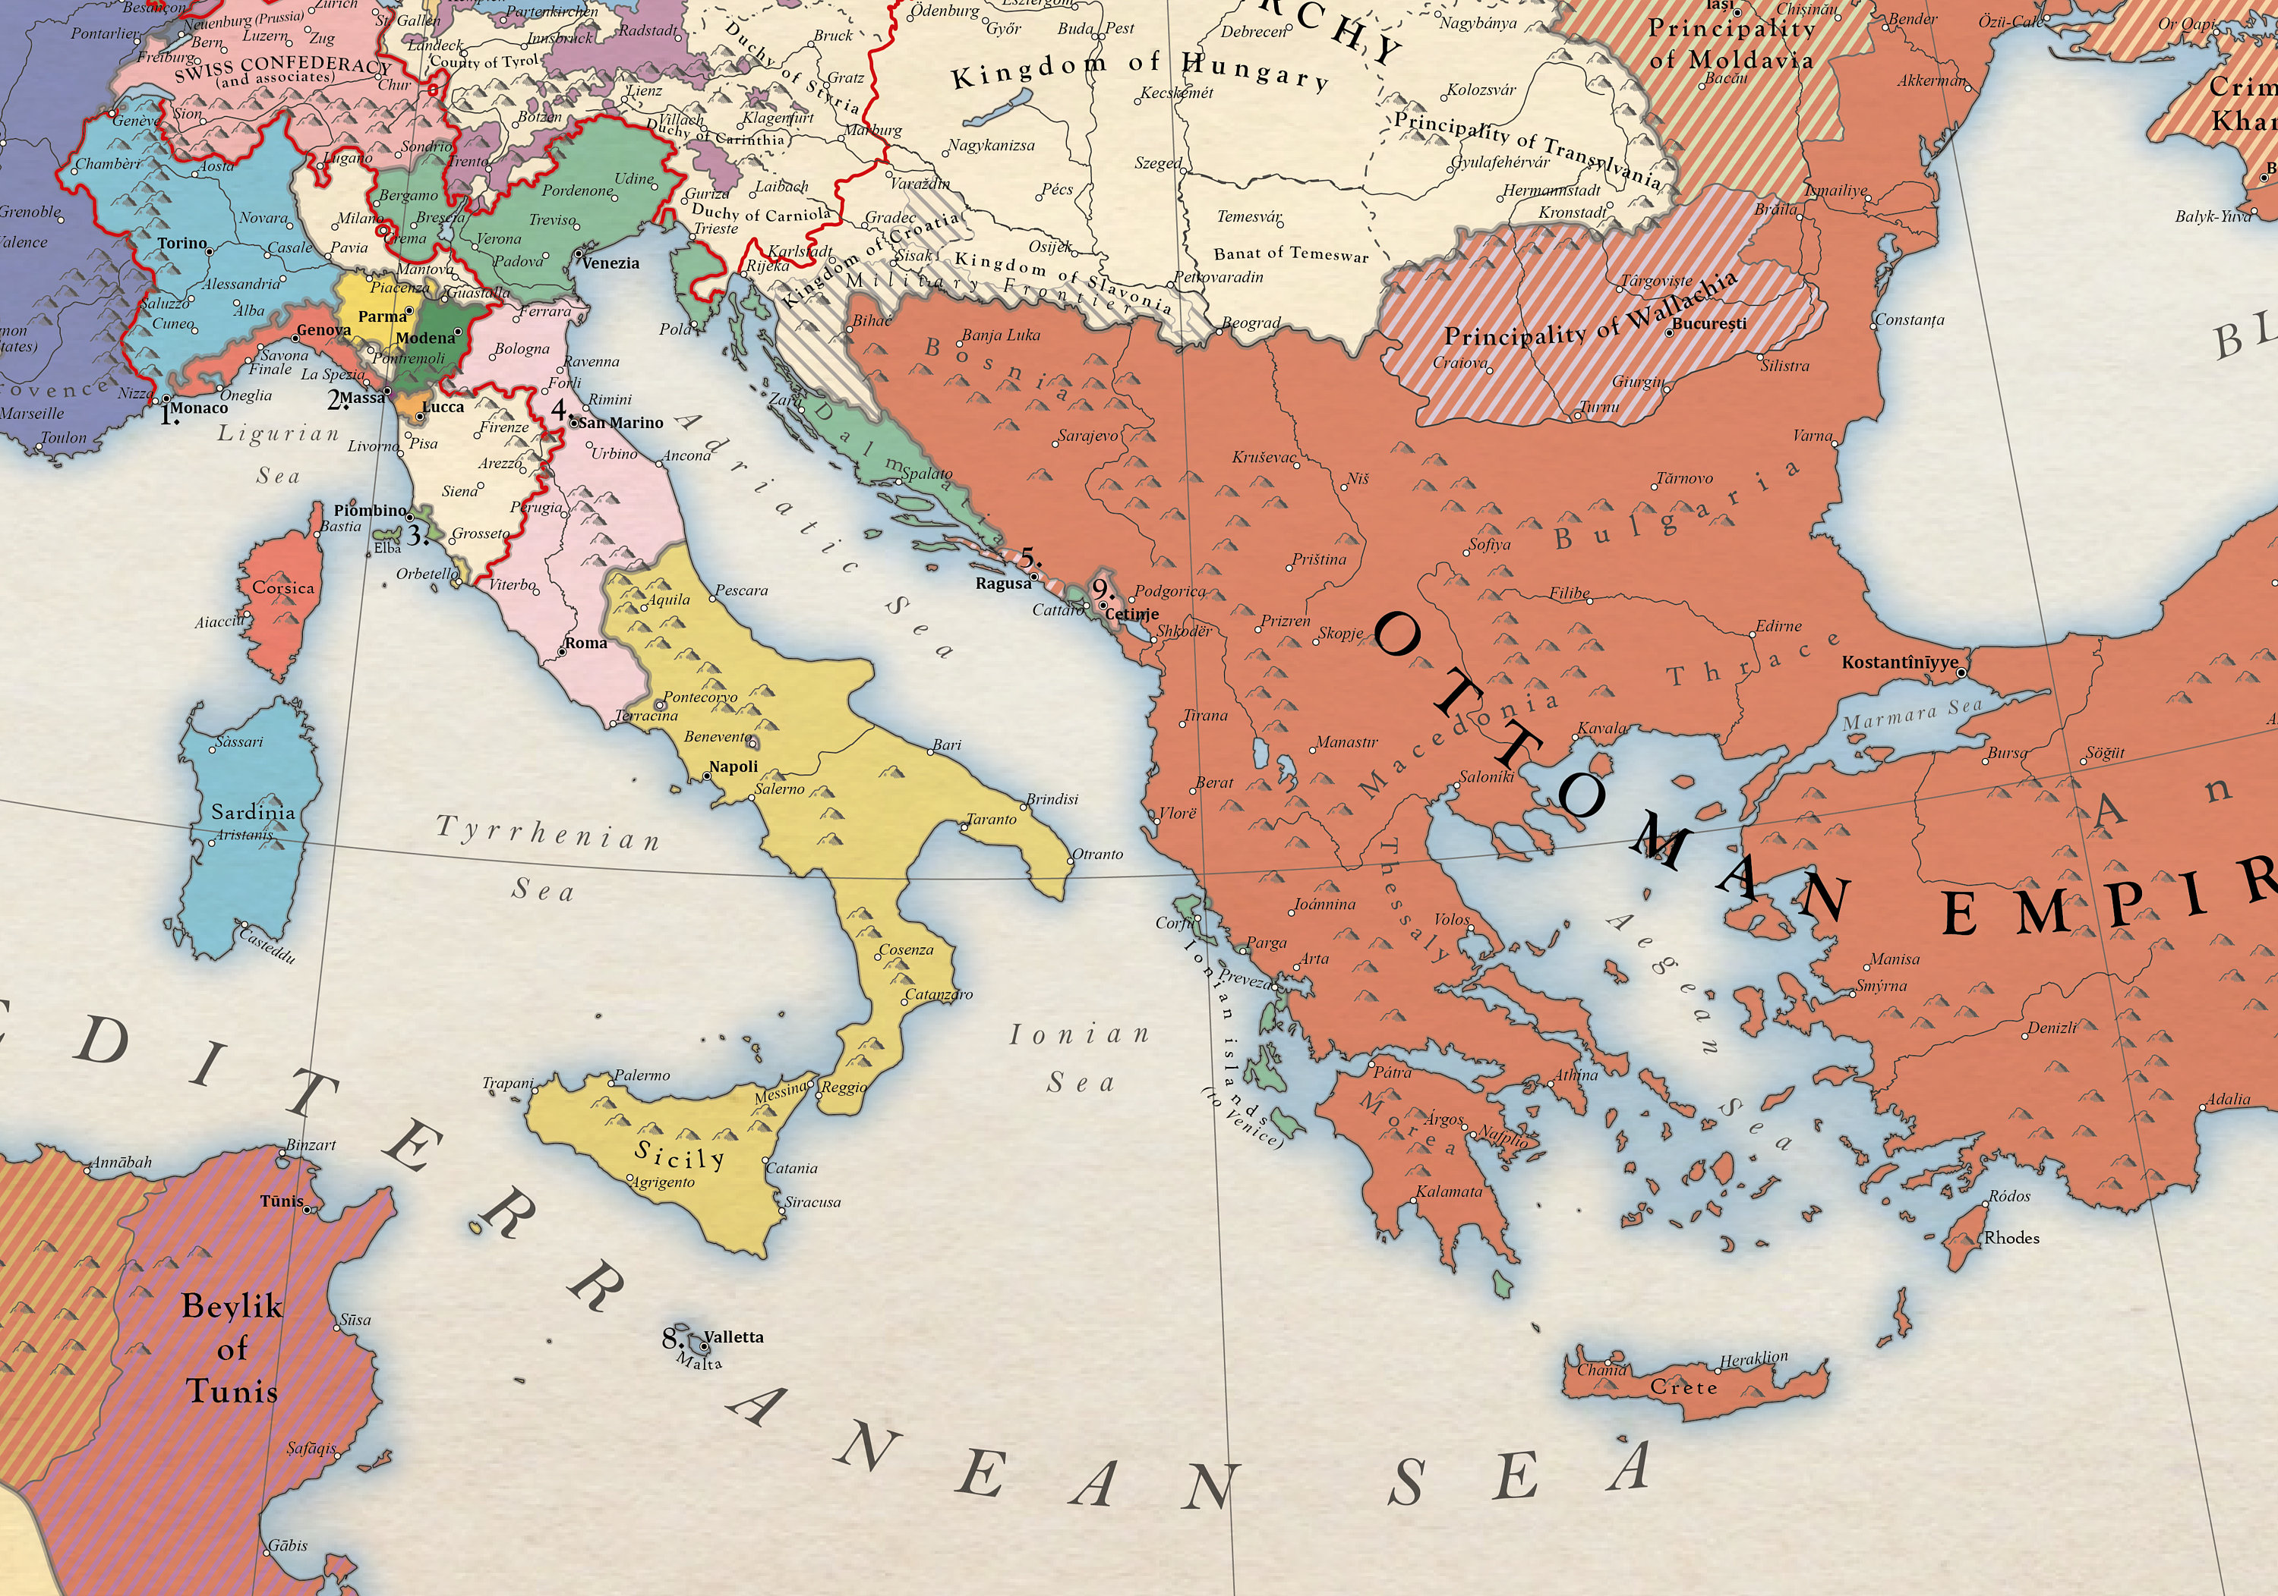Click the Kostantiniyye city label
(1899, 662)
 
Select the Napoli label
(734, 767)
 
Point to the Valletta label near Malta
(734, 1337)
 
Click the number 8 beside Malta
(670, 1338)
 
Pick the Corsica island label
(282, 587)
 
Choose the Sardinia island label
(253, 812)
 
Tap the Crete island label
(1683, 1387)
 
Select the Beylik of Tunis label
(232, 1348)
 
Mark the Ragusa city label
(1003, 584)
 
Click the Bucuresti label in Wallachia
(1708, 323)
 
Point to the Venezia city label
(611, 263)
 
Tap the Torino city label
(181, 243)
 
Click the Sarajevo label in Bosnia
(1087, 436)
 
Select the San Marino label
(621, 423)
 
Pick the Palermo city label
(642, 1075)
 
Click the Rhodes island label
(2011, 1238)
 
